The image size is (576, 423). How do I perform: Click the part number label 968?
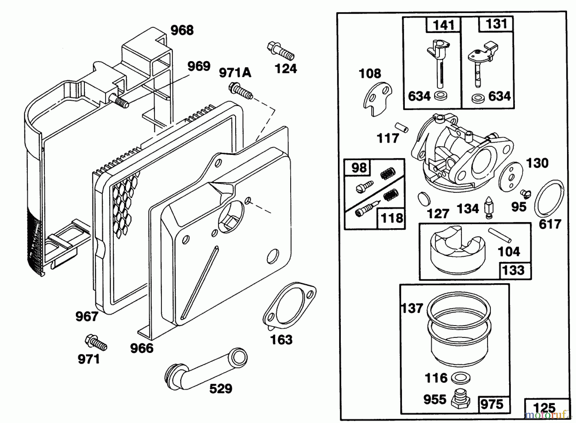pyautogui.click(x=182, y=30)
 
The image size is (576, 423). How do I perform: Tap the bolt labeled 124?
pyautogui.click(x=280, y=51)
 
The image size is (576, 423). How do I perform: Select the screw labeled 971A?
pyautogui.click(x=241, y=91)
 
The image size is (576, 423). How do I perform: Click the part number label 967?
pyautogui.click(x=87, y=316)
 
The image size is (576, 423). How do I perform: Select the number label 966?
pyautogui.click(x=141, y=348)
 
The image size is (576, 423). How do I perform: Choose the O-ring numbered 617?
pyautogui.click(x=549, y=198)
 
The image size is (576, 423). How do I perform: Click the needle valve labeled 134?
pyautogui.click(x=489, y=207)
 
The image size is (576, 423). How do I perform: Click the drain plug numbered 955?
pyautogui.click(x=461, y=398)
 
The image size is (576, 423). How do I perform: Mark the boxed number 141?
pyautogui.click(x=443, y=25)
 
